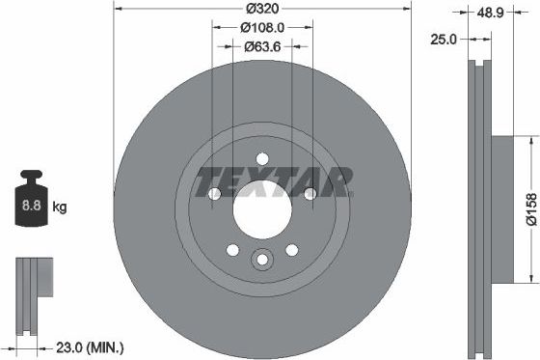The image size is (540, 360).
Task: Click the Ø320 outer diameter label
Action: pyautogui.click(x=261, y=8)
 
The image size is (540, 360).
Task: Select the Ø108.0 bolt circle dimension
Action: pyautogui.click(x=261, y=28)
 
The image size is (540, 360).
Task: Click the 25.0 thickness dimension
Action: pyautogui.click(x=444, y=41)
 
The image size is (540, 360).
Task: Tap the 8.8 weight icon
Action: pyautogui.click(x=31, y=204)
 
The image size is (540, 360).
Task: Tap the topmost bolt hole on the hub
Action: pyautogui.click(x=261, y=158)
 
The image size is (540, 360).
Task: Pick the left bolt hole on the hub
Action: pyautogui.click(x=214, y=194)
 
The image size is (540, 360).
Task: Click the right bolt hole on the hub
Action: pyautogui.click(x=309, y=194)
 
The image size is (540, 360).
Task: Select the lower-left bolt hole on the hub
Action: pyautogui.click(x=232, y=250)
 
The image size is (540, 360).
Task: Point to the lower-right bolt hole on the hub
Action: pyautogui.click(x=290, y=250)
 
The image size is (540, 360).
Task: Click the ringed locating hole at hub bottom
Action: pyautogui.click(x=261, y=261)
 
